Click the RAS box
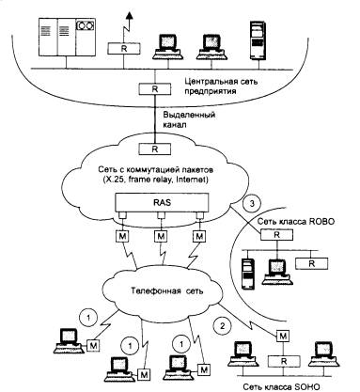(x=162, y=202)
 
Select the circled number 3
(x=252, y=204)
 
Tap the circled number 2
(x=222, y=326)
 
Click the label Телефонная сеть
(x=167, y=290)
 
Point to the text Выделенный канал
(x=189, y=119)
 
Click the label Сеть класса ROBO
(x=296, y=222)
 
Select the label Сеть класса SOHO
(x=282, y=386)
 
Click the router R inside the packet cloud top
(x=155, y=149)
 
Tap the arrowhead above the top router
(x=129, y=15)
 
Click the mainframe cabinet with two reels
(x=67, y=37)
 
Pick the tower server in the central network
(x=258, y=40)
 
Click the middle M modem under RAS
(x=161, y=236)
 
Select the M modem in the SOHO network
(x=283, y=337)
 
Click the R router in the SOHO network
(x=284, y=361)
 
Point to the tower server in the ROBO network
(x=248, y=273)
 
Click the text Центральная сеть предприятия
(x=221, y=86)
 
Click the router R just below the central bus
(x=155, y=88)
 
